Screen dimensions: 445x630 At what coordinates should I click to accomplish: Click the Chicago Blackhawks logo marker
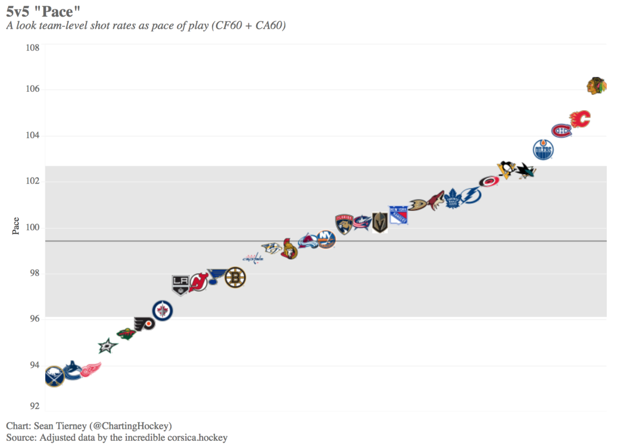(596, 85)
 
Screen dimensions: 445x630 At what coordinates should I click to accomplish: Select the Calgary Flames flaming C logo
(580, 119)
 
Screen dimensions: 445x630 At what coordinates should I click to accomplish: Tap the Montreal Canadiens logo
(561, 130)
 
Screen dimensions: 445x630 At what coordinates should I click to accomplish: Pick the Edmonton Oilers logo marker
(543, 150)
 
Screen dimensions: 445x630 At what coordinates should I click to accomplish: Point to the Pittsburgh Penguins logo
(506, 169)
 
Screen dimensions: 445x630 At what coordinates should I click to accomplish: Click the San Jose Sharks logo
(525, 169)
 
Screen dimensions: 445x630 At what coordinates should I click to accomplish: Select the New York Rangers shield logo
(398, 215)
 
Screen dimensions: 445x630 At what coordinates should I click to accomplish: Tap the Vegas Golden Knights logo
(380, 222)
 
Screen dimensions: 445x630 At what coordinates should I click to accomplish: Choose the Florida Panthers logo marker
(343, 224)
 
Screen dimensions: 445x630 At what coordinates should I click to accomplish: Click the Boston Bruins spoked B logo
(235, 278)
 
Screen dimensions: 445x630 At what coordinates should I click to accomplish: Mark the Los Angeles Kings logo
(180, 284)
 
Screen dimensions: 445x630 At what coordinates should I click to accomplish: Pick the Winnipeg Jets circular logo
(162, 311)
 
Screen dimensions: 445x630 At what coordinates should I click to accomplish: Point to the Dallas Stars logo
(108, 345)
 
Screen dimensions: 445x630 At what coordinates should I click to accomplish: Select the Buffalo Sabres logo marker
(54, 377)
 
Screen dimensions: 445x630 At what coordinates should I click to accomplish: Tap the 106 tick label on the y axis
(33, 90)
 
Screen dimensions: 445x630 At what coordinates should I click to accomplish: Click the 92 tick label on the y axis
(33, 406)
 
